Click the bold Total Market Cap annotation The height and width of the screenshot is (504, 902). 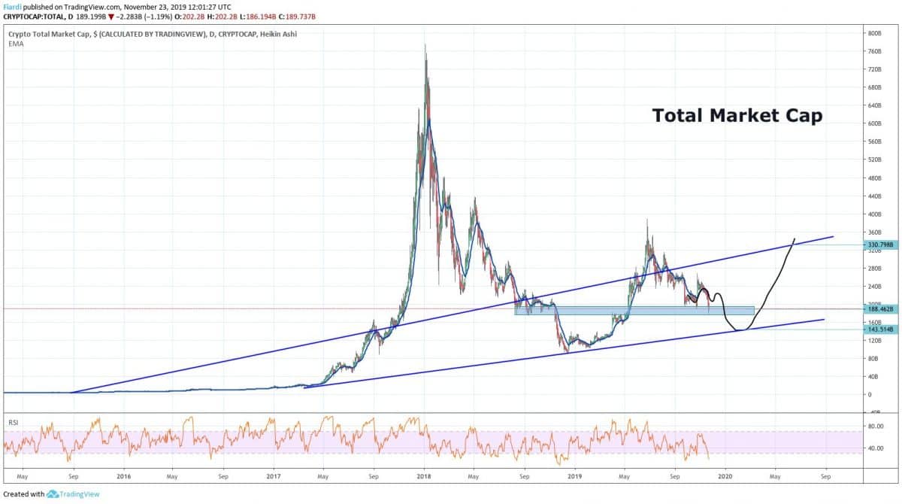click(x=737, y=115)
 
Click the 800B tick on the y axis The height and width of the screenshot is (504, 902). click(x=874, y=34)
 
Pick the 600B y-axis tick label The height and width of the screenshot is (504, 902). click(x=874, y=124)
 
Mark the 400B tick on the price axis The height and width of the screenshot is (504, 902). click(x=874, y=214)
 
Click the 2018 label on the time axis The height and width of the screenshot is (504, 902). click(x=424, y=476)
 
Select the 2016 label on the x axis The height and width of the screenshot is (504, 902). click(x=124, y=476)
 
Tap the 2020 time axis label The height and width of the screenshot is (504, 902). click(x=725, y=476)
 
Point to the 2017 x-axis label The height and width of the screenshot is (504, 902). click(x=274, y=476)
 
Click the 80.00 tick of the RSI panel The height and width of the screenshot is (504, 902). click(x=875, y=425)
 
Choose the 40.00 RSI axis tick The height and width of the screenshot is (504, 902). click(x=875, y=448)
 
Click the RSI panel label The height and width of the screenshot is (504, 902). click(x=13, y=424)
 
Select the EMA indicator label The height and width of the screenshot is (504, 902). click(x=14, y=44)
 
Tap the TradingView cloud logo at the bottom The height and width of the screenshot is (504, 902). click(x=53, y=494)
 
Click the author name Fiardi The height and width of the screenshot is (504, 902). click(x=11, y=6)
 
